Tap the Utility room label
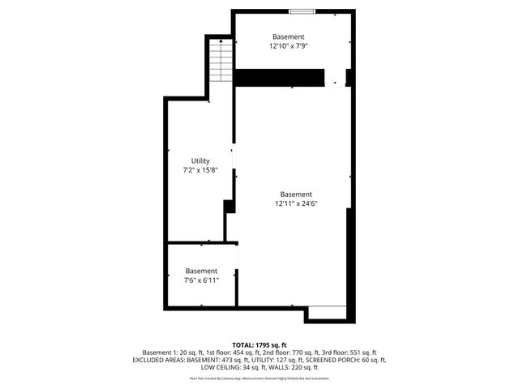click(200, 161)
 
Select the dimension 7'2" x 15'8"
click(200, 171)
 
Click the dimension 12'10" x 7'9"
click(289, 46)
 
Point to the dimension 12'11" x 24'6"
click(295, 203)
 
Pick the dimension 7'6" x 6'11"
click(201, 280)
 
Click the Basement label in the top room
click(289, 36)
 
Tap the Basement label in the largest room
click(295, 194)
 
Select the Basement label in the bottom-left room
click(201, 271)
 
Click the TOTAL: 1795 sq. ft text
click(259, 345)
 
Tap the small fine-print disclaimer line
click(259, 378)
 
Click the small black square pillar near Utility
click(229, 206)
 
